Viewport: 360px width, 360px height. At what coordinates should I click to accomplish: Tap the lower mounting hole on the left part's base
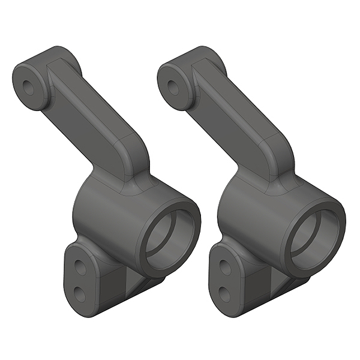click(80, 292)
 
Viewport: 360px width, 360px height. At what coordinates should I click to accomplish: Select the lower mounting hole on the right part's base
click(225, 293)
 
